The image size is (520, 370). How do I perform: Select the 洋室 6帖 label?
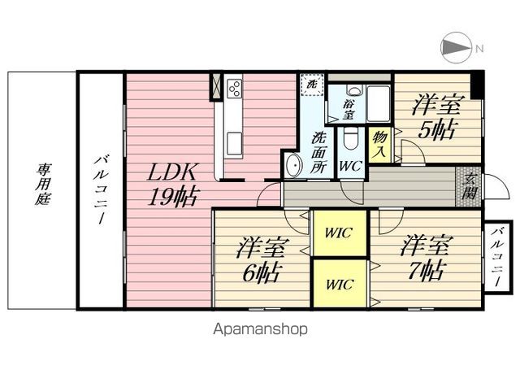click(259, 260)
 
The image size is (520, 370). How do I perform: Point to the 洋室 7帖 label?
click(421, 259)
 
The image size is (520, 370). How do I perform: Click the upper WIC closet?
click(340, 233)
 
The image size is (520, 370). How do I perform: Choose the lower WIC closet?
click(340, 284)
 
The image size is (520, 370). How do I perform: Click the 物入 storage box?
click(379, 146)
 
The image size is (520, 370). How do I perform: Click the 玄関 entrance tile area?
click(468, 188)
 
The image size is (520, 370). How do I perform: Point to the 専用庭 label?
click(42, 185)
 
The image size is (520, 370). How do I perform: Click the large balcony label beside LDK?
click(100, 190)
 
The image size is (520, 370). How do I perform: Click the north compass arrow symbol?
click(456, 47)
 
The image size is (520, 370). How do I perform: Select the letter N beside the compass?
click(479, 48)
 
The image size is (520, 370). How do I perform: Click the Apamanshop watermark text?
click(260, 329)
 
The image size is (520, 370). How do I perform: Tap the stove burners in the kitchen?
click(234, 88)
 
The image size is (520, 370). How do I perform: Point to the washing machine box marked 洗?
click(311, 84)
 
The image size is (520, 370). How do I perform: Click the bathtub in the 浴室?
click(379, 102)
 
